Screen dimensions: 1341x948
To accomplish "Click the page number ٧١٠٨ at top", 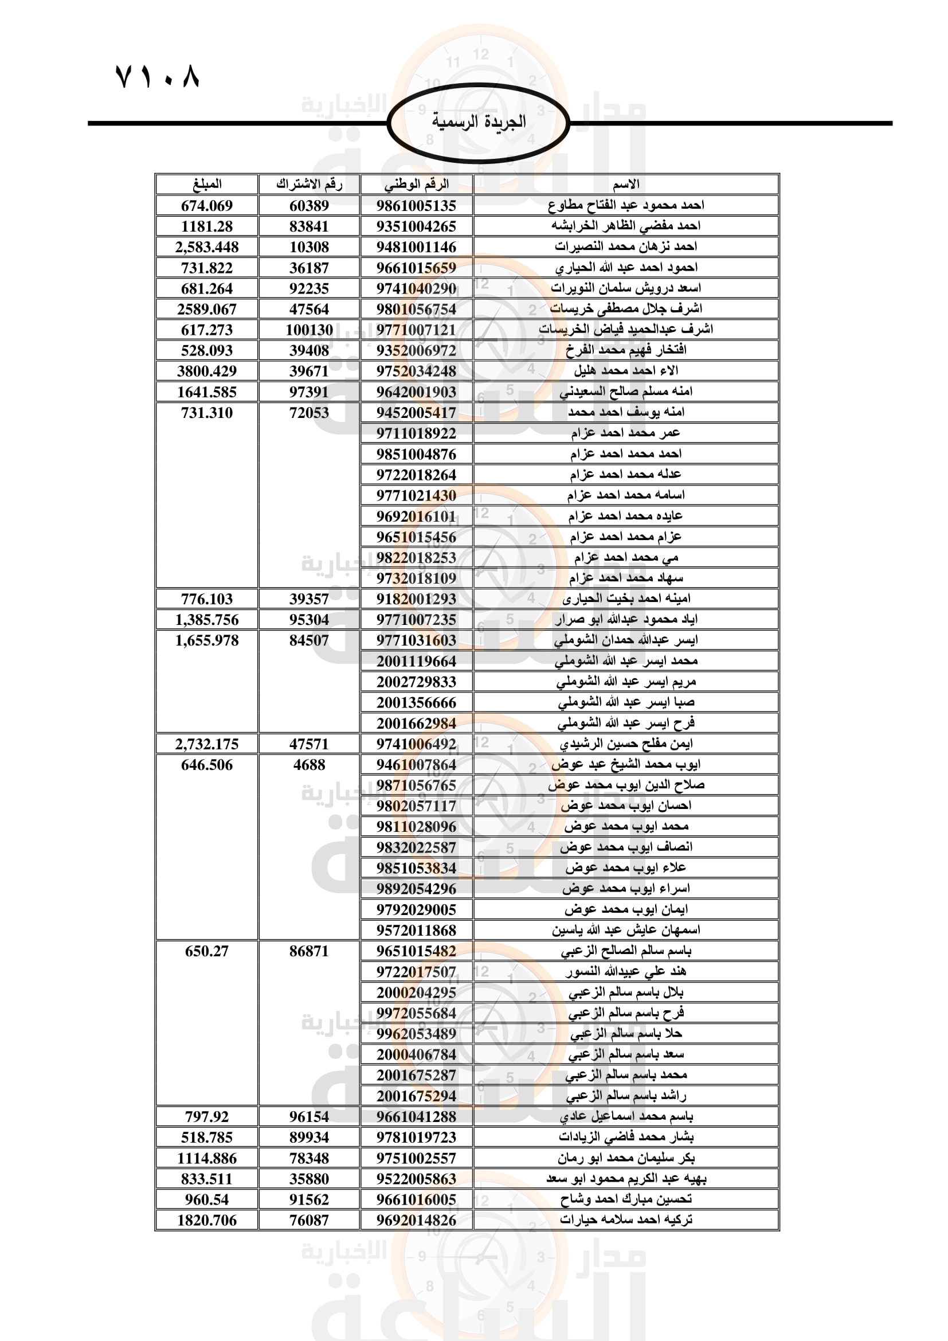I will point(158,76).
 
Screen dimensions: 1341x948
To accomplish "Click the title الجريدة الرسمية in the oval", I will point(479,122).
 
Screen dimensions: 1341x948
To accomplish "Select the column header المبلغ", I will point(207,185).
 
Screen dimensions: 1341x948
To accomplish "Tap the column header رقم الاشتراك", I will point(309,185).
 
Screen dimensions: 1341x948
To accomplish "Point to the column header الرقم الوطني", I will point(416,185).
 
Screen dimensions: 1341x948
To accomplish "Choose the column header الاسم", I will point(626,185).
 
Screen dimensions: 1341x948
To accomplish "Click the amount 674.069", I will point(207,206).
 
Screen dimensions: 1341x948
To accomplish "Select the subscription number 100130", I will point(309,330).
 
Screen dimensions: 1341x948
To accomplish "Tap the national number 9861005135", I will point(416,206).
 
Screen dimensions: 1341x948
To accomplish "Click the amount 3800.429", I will point(207,372).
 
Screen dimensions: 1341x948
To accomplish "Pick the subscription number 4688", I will point(309,765).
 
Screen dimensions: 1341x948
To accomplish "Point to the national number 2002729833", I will point(416,682).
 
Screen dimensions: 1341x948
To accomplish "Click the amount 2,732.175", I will point(207,744).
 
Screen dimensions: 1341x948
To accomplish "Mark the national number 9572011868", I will point(416,931).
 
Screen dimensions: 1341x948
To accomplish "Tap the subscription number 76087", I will point(309,1221).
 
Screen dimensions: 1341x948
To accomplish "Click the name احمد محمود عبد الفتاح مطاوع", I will point(626,206).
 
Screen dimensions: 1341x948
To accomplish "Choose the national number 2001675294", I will point(416,1096).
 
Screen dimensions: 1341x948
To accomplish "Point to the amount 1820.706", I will point(207,1221).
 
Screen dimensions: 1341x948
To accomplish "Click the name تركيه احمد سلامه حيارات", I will point(626,1220).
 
